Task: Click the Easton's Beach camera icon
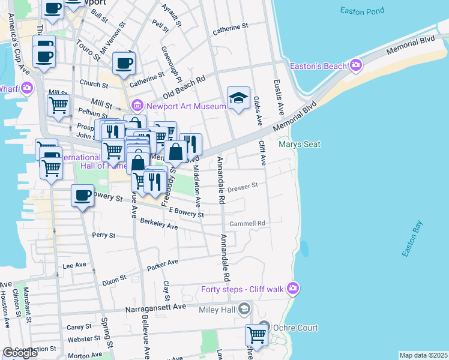pyautogui.click(x=357, y=65)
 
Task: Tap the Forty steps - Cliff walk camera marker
pyautogui.click(x=292, y=289)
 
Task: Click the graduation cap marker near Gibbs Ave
pyautogui.click(x=238, y=98)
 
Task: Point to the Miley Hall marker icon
pyautogui.click(x=244, y=309)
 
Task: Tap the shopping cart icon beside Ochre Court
pyautogui.click(x=256, y=335)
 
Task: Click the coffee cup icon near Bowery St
pyautogui.click(x=82, y=195)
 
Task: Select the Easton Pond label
pyautogui.click(x=361, y=11)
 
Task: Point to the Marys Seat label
pyautogui.click(x=300, y=144)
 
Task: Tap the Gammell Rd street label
pyautogui.click(x=252, y=223)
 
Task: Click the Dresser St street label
pyautogui.click(x=243, y=187)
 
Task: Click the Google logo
pyautogui.click(x=20, y=353)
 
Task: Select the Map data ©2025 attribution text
pyautogui.click(x=423, y=355)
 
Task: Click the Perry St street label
pyautogui.click(x=103, y=235)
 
